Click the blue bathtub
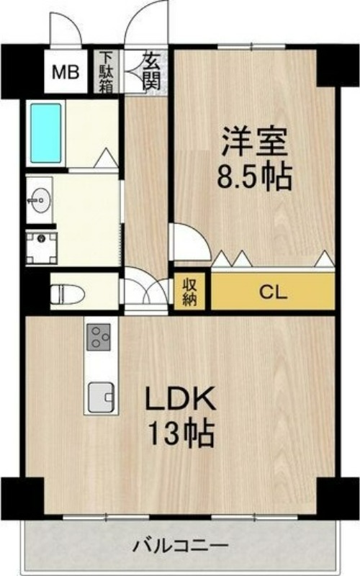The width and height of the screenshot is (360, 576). pos(45,134)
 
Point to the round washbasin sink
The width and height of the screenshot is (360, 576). pos(40,196)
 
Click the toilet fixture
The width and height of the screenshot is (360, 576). pos(67,293)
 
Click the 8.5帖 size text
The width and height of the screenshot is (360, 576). pos(255,176)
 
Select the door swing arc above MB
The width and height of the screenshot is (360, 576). pos(69,29)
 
